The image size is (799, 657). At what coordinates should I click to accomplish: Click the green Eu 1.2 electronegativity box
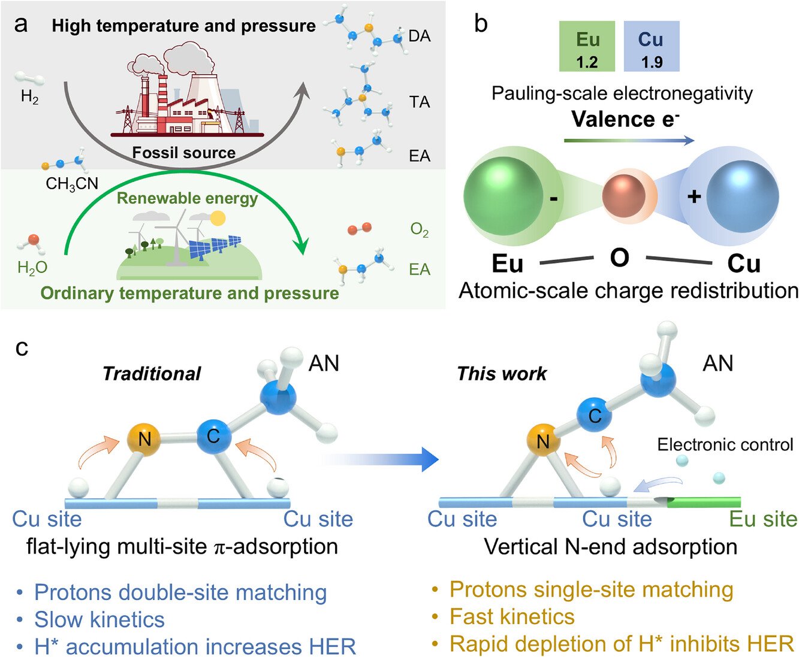[x=587, y=47]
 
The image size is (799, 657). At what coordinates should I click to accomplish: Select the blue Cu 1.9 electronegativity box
[x=651, y=47]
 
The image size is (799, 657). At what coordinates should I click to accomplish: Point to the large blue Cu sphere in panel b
[x=742, y=196]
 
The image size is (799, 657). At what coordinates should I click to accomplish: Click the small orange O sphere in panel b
[x=623, y=196]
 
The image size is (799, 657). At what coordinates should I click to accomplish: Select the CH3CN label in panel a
[x=72, y=183]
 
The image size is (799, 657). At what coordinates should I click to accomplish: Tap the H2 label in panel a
[x=29, y=97]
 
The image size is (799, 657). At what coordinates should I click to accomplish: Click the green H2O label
[x=32, y=268]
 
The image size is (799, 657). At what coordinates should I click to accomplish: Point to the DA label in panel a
[x=419, y=36]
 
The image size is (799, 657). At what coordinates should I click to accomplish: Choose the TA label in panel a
[x=420, y=102]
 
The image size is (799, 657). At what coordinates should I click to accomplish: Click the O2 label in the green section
[x=420, y=230]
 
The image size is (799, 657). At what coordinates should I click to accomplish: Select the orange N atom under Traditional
[x=144, y=439]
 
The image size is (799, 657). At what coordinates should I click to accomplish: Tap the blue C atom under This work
[x=595, y=415]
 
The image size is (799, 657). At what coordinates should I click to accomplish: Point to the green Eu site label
[x=763, y=519]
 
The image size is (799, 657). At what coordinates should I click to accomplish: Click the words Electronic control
[x=725, y=444]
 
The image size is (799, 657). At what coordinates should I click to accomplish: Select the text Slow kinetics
[x=99, y=619]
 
